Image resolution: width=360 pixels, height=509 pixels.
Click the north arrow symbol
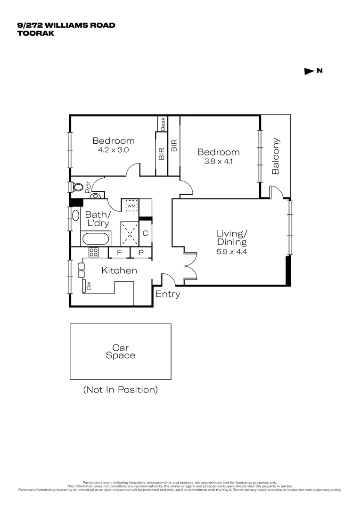click(309, 72)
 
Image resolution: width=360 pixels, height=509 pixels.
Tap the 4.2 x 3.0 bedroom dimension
click(113, 150)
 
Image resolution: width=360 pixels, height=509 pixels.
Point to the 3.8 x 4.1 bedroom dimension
click(218, 161)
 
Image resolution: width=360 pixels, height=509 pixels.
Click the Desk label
click(163, 123)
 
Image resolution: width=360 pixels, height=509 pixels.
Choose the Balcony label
click(276, 156)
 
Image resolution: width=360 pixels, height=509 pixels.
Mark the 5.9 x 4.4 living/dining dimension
click(231, 251)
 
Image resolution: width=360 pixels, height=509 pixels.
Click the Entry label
click(168, 295)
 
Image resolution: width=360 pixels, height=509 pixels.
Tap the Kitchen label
click(119, 271)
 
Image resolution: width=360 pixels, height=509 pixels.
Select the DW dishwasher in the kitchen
click(88, 285)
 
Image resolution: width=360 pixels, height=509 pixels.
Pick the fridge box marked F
click(119, 253)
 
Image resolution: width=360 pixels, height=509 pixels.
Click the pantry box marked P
click(141, 253)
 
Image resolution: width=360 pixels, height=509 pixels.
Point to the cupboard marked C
click(146, 233)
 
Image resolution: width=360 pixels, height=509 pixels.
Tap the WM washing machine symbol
click(131, 206)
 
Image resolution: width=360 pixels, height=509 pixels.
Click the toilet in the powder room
click(78, 187)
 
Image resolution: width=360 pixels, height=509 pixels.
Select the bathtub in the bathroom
click(96, 238)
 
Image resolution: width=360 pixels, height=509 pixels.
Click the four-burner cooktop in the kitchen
click(94, 253)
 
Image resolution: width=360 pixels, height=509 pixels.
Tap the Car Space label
click(120, 352)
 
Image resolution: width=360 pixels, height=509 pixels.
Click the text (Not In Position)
click(120, 390)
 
